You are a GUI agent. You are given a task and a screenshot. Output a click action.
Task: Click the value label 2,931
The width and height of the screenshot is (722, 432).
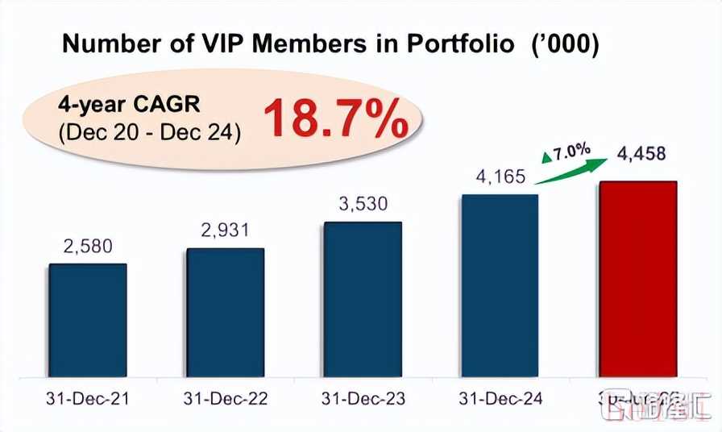coord(225,231)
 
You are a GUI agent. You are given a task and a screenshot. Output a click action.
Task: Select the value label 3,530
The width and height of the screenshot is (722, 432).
coord(362,206)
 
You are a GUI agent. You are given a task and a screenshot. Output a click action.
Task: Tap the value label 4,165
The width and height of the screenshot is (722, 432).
coord(500,176)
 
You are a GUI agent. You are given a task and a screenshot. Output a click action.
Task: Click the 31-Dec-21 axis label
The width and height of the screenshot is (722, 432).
coord(87,398)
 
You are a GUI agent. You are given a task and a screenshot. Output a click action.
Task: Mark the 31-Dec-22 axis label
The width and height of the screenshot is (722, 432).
coord(225,398)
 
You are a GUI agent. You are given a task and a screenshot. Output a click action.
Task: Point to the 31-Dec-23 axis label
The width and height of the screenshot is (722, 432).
coord(362,398)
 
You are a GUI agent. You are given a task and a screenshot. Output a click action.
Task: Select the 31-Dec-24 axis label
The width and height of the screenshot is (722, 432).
coord(500,398)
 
